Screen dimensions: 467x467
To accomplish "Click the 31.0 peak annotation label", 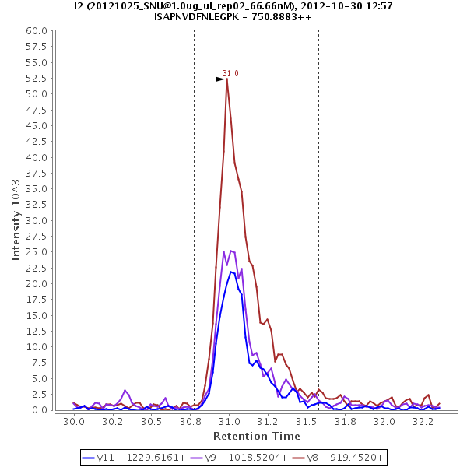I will click(230, 73).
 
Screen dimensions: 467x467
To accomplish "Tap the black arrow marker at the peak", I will click(220, 79).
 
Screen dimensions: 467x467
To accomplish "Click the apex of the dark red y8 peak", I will click(226, 79).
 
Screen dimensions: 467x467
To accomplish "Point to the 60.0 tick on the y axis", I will click(40, 31).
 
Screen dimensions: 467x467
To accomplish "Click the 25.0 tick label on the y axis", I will click(40, 252).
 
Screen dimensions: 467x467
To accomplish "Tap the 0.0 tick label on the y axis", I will click(43, 410).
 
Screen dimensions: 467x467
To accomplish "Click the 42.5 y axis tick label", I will click(40, 142).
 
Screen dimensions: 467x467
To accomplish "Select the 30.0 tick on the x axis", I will click(74, 421).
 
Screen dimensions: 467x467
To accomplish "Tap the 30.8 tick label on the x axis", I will click(191, 421).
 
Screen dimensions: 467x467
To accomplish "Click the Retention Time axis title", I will click(256, 436).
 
